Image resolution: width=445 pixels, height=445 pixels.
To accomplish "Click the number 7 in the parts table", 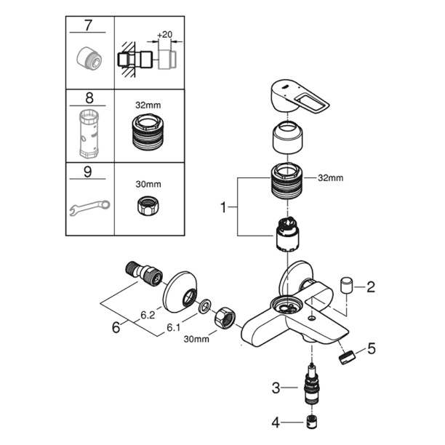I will [x=89, y=25].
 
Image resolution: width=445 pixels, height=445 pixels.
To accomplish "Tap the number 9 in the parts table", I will [x=89, y=173].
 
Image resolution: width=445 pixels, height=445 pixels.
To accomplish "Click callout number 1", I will [x=224, y=209].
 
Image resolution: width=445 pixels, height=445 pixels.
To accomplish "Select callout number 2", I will [x=370, y=287].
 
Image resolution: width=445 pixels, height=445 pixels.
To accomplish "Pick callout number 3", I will [x=276, y=389].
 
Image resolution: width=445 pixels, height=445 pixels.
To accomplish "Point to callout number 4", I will [x=276, y=421].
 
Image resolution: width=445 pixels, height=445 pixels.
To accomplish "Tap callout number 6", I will [x=115, y=328].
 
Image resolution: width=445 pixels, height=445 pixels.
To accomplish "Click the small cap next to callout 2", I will [x=347, y=283].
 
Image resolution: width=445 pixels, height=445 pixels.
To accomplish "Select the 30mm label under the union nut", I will [x=198, y=339].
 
